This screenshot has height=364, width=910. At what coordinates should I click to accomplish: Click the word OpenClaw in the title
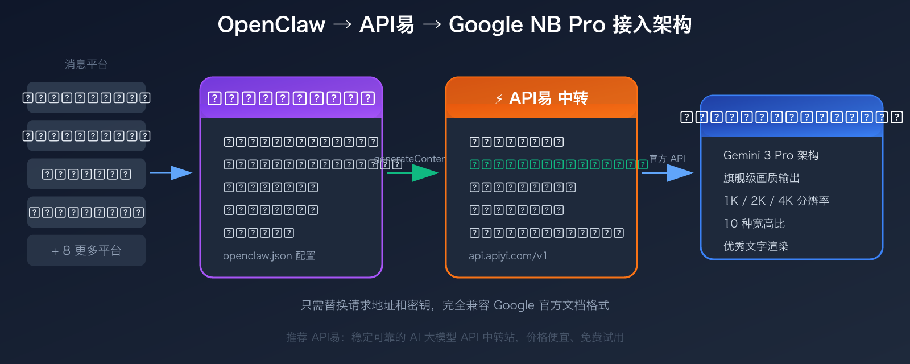click(x=271, y=25)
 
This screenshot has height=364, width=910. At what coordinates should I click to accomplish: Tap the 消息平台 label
click(x=86, y=64)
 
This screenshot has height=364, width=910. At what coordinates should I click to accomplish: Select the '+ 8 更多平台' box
click(x=86, y=250)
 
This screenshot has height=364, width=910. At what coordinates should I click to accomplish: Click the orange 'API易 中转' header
click(x=541, y=98)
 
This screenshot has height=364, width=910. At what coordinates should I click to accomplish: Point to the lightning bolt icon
click(x=499, y=99)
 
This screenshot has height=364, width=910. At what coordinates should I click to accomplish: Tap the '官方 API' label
click(x=667, y=159)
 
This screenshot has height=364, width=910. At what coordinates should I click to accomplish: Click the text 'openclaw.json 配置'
click(x=269, y=256)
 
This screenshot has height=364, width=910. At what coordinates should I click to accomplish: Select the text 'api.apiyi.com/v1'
click(x=508, y=256)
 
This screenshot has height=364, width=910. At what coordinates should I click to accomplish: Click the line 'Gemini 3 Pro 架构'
click(x=771, y=155)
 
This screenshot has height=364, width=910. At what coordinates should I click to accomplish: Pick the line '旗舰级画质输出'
click(x=761, y=178)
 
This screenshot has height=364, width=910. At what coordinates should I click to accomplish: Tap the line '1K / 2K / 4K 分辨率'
click(x=776, y=201)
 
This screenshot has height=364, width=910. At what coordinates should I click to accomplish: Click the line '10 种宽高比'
click(x=754, y=224)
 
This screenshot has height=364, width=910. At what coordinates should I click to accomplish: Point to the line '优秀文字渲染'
click(x=756, y=246)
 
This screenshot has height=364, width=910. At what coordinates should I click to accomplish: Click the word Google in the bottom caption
click(x=514, y=305)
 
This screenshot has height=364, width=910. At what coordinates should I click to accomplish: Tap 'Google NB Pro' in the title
click(x=527, y=25)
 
